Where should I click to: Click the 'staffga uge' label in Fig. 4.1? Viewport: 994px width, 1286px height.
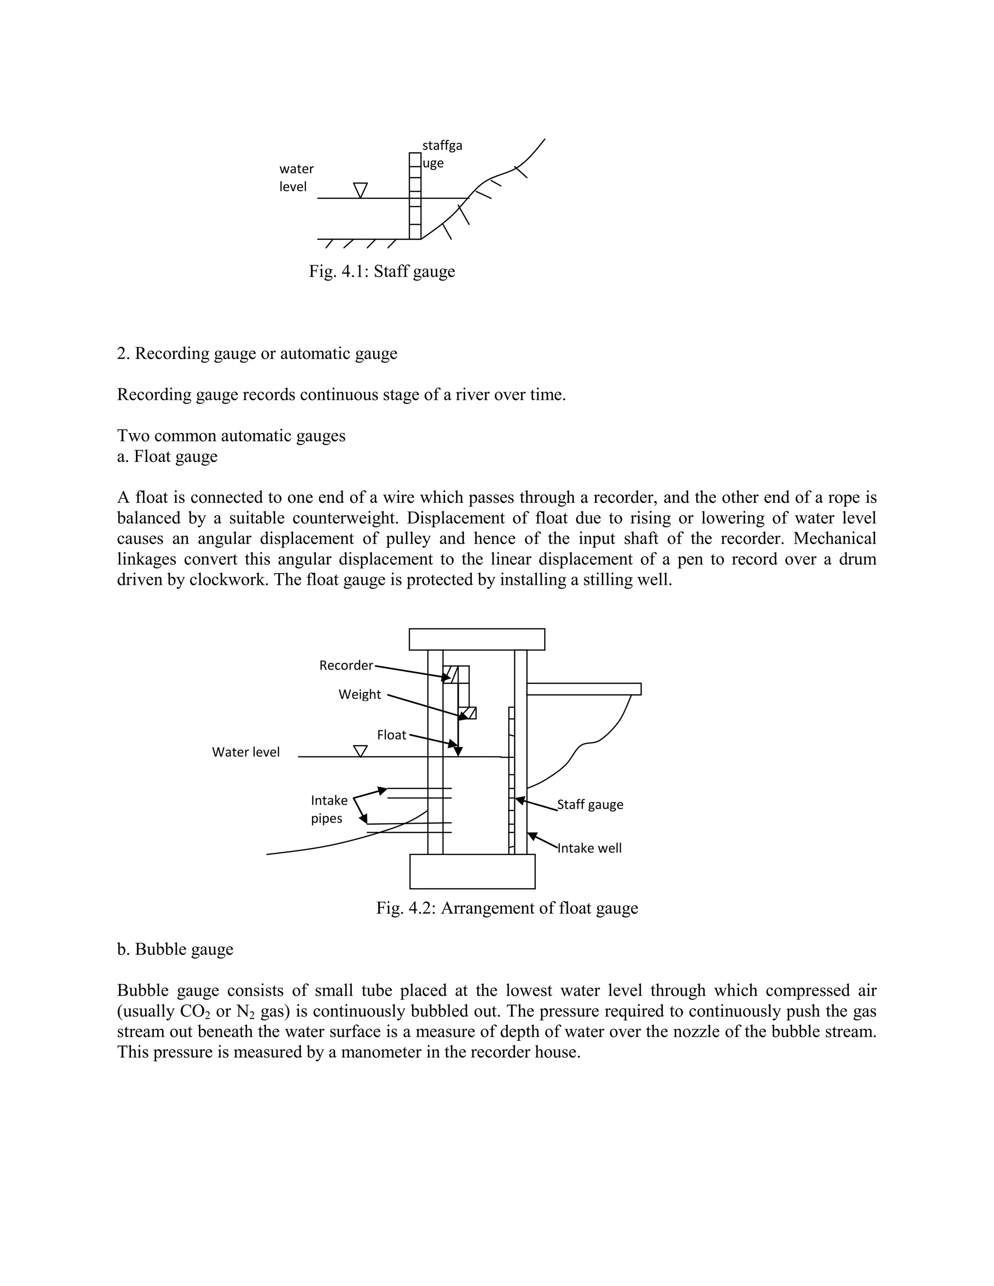pyautogui.click(x=442, y=154)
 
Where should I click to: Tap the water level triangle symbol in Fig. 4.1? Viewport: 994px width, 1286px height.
pyautogui.click(x=361, y=190)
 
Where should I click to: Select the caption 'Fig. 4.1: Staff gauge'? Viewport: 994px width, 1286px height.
pyautogui.click(x=381, y=271)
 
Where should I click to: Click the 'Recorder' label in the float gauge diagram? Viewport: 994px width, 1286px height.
pyautogui.click(x=346, y=665)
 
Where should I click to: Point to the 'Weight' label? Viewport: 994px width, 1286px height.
pyautogui.click(x=359, y=694)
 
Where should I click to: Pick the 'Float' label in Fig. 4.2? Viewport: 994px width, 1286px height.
pyautogui.click(x=392, y=735)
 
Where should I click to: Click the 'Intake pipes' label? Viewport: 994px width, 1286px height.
pyautogui.click(x=329, y=809)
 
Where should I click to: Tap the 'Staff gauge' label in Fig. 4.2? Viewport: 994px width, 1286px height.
pyautogui.click(x=590, y=804)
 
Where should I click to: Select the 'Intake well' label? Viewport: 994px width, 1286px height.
pyautogui.click(x=589, y=848)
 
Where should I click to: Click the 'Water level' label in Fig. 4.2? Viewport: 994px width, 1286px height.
pyautogui.click(x=246, y=752)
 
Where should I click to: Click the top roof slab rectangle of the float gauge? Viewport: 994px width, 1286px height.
pyautogui.click(x=477, y=639)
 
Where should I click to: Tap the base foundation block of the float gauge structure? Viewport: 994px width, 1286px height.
pyautogui.click(x=472, y=871)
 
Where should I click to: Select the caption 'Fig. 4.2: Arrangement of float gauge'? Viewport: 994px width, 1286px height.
pyautogui.click(x=507, y=908)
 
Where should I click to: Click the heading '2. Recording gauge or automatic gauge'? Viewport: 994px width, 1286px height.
pyautogui.click(x=257, y=353)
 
